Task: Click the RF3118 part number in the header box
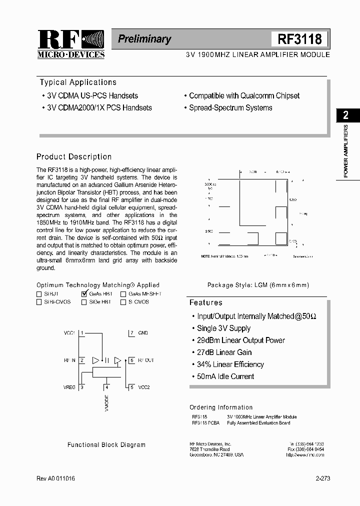click(299, 39)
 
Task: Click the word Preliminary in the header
click(144, 39)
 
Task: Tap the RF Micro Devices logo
click(70, 44)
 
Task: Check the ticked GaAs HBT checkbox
click(84, 294)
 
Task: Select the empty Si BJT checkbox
click(39, 294)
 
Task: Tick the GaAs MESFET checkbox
click(123, 294)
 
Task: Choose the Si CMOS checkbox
click(123, 302)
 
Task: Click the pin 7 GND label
click(143, 332)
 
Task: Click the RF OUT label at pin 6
click(145, 360)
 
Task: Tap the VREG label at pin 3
click(69, 387)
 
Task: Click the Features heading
click(205, 302)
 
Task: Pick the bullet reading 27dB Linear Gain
click(224, 352)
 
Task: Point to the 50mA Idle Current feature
click(225, 376)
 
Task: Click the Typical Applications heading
click(78, 82)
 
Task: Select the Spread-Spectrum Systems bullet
click(230, 107)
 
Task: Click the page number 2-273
click(322, 478)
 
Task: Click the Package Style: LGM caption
click(258, 285)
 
